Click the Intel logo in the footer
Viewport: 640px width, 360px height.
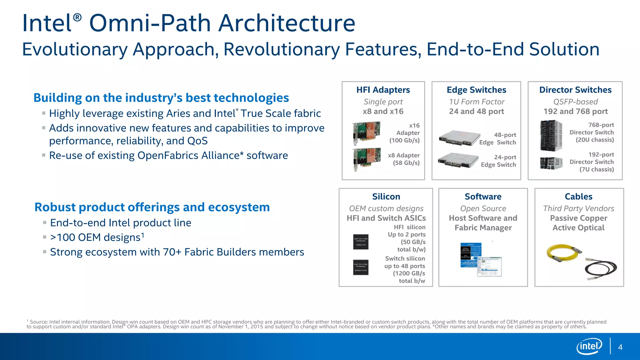click(589, 346)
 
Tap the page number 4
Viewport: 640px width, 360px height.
click(620, 347)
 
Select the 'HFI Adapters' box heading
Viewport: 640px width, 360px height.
click(383, 90)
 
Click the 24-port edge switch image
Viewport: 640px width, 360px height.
click(458, 160)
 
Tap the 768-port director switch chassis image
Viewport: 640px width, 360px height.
click(551, 135)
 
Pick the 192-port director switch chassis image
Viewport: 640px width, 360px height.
click(551, 163)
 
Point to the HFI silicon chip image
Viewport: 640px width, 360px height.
click(361, 242)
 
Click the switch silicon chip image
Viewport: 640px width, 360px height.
click(361, 267)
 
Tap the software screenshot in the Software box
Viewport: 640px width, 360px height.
click(481, 259)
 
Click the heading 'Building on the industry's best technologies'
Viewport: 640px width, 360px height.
click(161, 98)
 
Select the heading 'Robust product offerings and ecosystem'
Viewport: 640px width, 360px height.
click(152, 207)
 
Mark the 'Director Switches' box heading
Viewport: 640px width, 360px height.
click(575, 90)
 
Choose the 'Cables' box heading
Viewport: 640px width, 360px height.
click(578, 197)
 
